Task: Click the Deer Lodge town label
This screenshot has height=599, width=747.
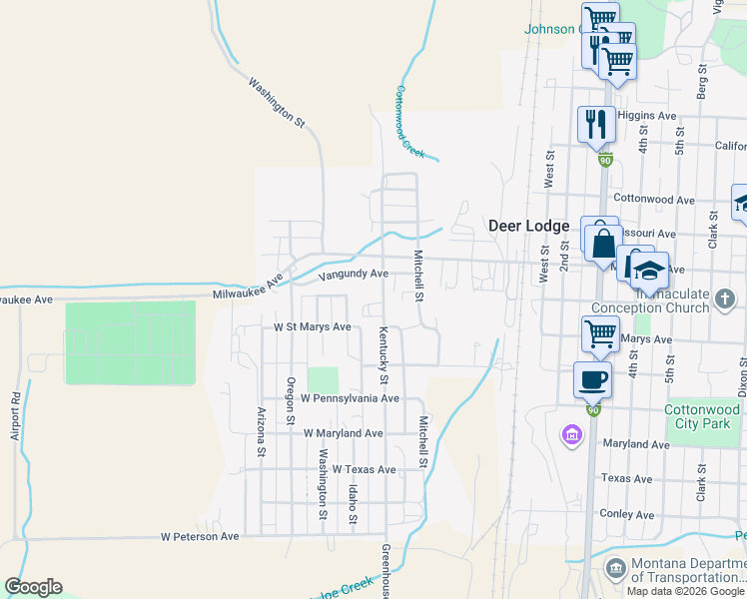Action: (528, 226)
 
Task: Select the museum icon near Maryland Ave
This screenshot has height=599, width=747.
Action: (571, 434)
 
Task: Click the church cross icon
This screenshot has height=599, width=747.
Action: (725, 298)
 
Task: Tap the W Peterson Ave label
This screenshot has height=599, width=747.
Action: (200, 536)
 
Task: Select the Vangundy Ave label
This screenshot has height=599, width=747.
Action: (353, 274)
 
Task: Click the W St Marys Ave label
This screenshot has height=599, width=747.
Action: (313, 326)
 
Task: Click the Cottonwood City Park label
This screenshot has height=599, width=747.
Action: (703, 416)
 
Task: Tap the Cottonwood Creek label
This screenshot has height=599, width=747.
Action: (410, 122)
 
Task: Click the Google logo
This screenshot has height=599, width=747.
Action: (33, 587)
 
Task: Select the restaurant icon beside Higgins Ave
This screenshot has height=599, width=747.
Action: (596, 123)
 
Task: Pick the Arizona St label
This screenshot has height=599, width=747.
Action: (261, 432)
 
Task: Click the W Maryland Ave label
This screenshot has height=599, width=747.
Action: (343, 433)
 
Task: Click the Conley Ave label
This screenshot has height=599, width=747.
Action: (626, 514)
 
